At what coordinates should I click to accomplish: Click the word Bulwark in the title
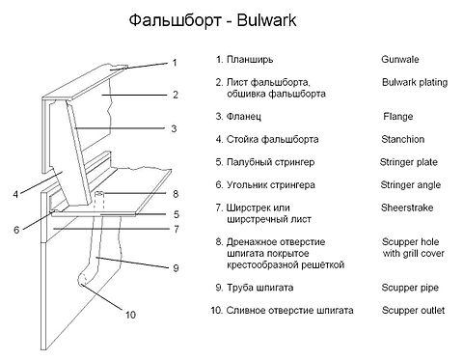(266, 20)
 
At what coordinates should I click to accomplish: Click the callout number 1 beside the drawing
(175, 63)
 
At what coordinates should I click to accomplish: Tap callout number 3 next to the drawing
(174, 128)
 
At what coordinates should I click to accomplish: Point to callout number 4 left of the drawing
(15, 194)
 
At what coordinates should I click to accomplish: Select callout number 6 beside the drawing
(16, 230)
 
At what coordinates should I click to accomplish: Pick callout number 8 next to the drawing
(176, 194)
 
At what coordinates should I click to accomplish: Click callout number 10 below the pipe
(130, 315)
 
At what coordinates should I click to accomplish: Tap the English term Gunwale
(400, 59)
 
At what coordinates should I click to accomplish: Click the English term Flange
(398, 116)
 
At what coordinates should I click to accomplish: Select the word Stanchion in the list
(403, 139)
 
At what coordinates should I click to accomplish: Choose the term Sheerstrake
(407, 208)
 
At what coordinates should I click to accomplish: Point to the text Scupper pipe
(410, 288)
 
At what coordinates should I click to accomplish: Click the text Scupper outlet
(413, 311)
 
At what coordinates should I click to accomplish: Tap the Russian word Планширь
(250, 60)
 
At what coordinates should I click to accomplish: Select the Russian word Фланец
(244, 117)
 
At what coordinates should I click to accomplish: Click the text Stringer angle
(411, 185)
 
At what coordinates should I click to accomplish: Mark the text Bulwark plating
(415, 82)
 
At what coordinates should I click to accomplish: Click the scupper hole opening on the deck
(99, 194)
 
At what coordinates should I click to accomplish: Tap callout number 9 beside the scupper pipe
(176, 267)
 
